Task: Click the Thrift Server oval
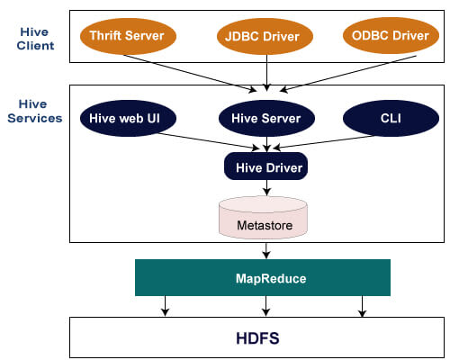[x=127, y=36]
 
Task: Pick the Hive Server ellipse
[x=265, y=118]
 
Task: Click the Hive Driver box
[x=265, y=166]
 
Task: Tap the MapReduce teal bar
[x=264, y=278]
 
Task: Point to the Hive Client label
[x=37, y=38]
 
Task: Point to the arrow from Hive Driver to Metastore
[x=265, y=186]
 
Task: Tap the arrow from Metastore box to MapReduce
[x=265, y=250]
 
